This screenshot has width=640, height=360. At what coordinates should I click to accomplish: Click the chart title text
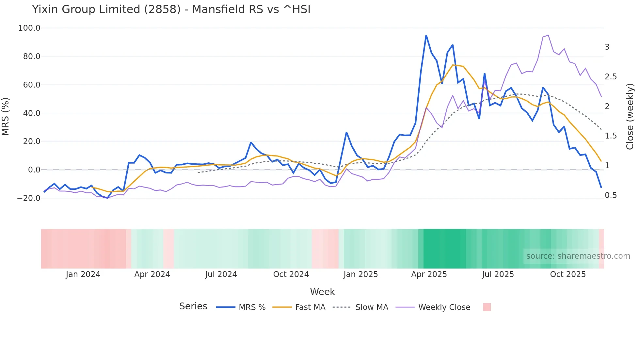171,9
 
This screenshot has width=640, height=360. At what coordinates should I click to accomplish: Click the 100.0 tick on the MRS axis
29,28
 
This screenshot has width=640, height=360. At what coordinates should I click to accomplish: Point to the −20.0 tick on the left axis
29,198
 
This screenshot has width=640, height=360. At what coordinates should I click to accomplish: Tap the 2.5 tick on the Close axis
611,77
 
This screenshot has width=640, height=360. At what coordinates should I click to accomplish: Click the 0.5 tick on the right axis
611,195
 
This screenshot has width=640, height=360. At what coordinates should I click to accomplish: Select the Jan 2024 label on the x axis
83,274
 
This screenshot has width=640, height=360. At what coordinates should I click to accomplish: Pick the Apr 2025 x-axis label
429,274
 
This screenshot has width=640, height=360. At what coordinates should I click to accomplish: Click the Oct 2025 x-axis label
568,274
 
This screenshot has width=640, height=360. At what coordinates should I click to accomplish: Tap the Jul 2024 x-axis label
221,274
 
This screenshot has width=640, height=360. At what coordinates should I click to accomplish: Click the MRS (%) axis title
6,116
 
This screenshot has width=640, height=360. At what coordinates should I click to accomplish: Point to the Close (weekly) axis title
630,117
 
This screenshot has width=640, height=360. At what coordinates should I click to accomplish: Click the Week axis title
322,292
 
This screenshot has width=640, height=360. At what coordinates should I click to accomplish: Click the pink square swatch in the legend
487,307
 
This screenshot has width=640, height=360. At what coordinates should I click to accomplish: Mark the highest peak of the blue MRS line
426,35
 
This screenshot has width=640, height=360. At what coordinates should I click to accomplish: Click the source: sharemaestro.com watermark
578,256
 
